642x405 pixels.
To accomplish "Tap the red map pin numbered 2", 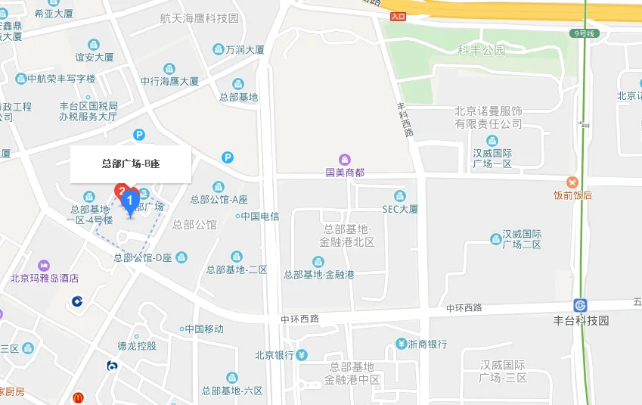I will tap(121, 192).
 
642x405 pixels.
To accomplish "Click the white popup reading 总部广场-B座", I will tap(131, 164).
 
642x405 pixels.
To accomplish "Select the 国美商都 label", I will tap(345, 173).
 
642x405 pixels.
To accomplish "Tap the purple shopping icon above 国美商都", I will tap(345, 159).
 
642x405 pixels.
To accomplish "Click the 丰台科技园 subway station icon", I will tap(580, 305).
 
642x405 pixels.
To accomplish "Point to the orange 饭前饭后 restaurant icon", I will tap(572, 182).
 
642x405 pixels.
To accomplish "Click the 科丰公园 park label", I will tap(481, 51).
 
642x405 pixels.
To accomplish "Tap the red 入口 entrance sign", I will tap(399, 16).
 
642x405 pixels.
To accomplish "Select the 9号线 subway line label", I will tap(585, 33).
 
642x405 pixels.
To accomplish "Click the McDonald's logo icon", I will tap(78, 397).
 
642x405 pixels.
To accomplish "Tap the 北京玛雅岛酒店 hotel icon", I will tap(45, 265).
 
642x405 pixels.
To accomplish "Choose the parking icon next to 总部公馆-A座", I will tap(228, 157).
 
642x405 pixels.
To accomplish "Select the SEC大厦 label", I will tap(400, 209).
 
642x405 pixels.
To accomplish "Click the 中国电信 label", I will tap(260, 217).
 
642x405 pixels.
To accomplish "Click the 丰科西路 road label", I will tap(405, 120).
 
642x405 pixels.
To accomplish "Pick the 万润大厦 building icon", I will tap(217, 50).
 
